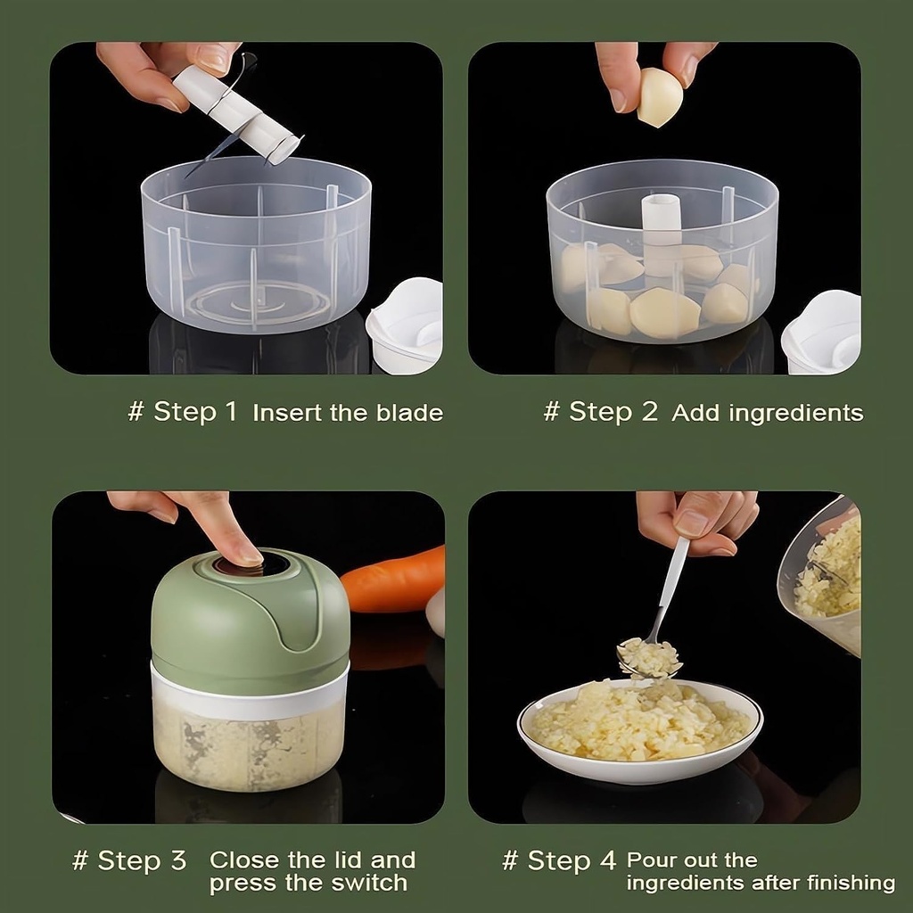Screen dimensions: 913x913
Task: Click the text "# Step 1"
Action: (183, 412)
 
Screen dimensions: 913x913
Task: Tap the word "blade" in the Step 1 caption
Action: (408, 413)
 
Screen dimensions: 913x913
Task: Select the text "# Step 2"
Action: (600, 412)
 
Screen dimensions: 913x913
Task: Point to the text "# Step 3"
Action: (129, 861)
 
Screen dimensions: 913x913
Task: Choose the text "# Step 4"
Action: (559, 861)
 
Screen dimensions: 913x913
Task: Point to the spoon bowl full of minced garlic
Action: (648, 657)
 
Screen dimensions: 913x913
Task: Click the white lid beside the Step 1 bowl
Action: (406, 325)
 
